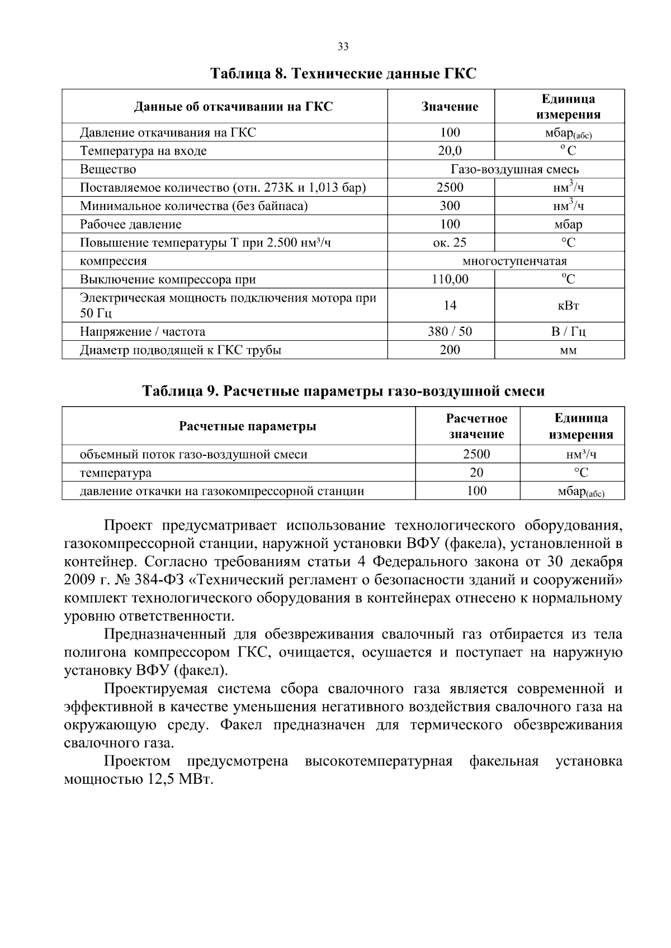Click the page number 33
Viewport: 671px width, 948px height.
pos(343,47)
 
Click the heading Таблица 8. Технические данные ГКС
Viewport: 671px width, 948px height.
pos(343,74)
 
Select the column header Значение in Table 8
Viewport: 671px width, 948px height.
pos(450,107)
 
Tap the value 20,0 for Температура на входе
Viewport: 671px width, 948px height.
pos(450,151)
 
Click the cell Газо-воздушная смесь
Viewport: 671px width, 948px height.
pos(514,169)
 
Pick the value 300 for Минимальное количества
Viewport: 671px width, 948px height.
pos(450,206)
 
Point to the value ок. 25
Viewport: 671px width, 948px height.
pos(450,242)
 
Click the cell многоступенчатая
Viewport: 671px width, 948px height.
pos(514,261)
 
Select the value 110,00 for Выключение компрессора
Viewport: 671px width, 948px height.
pos(450,279)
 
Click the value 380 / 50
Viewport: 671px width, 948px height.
pos(450,332)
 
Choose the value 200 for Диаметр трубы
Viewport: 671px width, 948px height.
pos(450,350)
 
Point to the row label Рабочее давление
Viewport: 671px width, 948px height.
pos(130,225)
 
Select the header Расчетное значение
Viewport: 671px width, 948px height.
pos(476,426)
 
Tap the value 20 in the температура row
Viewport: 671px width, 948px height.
pos(476,473)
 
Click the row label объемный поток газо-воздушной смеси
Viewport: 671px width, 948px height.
pos(193,455)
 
